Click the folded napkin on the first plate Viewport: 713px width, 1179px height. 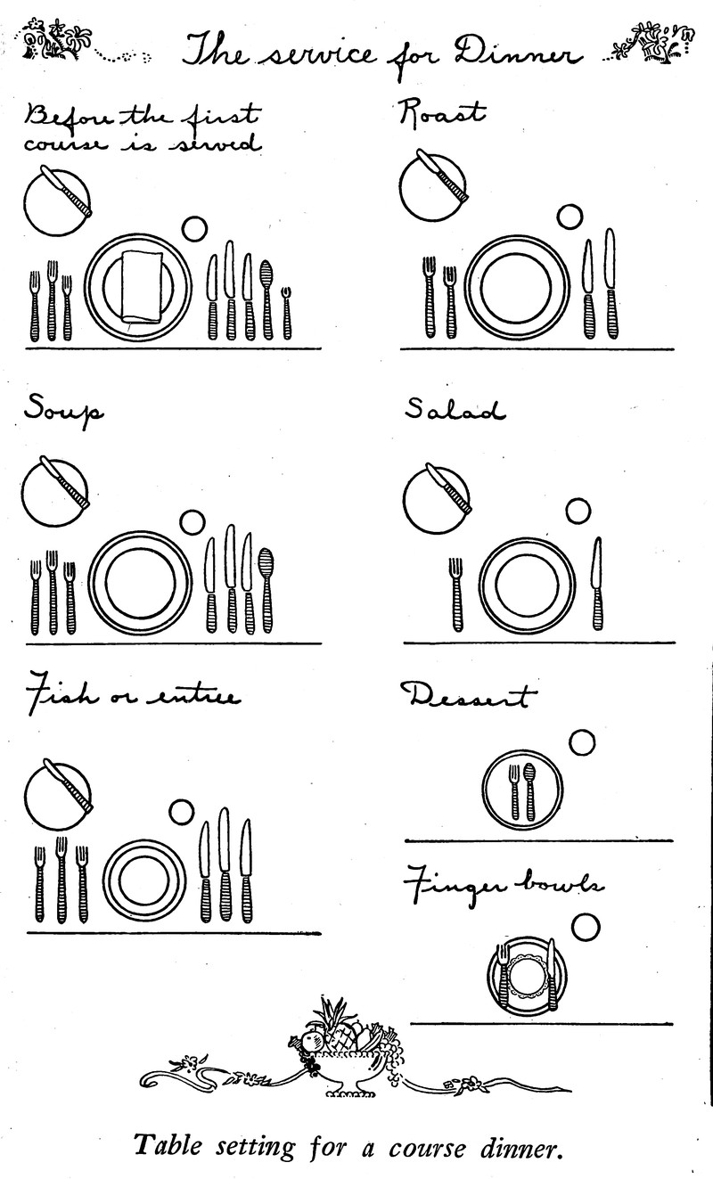pos(141,286)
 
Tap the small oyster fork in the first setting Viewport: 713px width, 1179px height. pos(286,313)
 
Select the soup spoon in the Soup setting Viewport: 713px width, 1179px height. pos(266,590)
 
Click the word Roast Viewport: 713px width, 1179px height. pos(441,114)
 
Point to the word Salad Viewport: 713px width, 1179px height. pos(455,409)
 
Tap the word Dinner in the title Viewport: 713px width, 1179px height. pos(519,53)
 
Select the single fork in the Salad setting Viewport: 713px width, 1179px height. pos(456,594)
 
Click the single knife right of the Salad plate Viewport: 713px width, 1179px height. pos(597,583)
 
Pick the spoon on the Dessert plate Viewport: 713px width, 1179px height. pos(529,791)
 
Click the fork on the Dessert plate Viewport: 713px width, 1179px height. pos(514,791)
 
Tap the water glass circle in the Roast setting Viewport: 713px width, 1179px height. pos(570,217)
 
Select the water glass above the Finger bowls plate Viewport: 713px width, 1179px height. pos(585,928)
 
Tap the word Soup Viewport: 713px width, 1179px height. pos(63,410)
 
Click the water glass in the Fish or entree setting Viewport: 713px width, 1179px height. pos(182,812)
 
